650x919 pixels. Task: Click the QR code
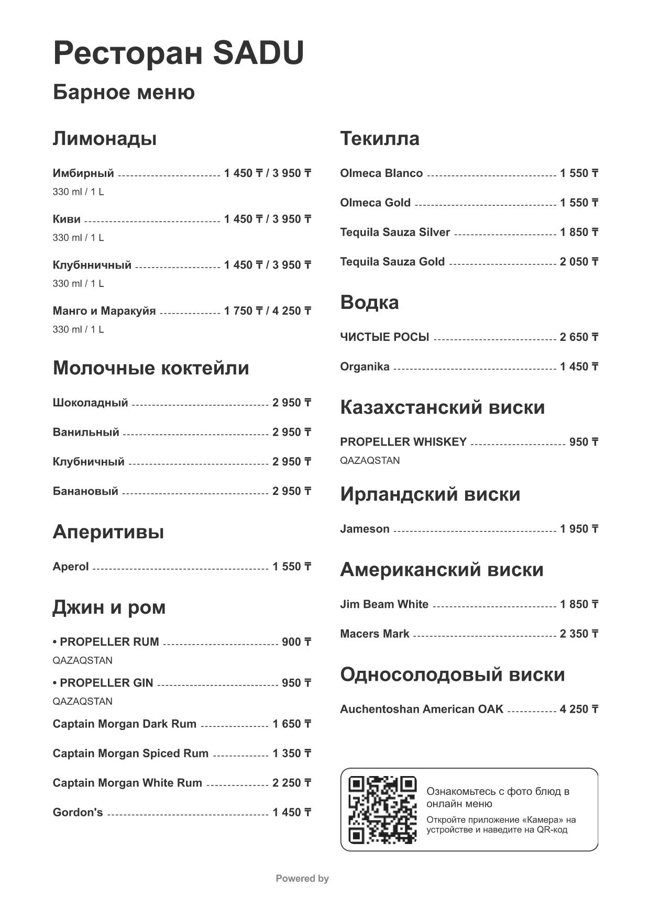click(382, 809)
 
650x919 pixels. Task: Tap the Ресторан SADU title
click(179, 53)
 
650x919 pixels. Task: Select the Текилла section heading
click(380, 139)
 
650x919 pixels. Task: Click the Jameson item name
click(365, 529)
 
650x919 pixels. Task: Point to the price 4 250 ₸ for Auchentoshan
click(579, 709)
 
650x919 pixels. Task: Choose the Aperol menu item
click(71, 567)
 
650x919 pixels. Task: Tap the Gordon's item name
click(78, 812)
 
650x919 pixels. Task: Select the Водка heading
click(369, 303)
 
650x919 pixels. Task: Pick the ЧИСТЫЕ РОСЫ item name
click(384, 337)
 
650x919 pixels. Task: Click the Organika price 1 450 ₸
click(579, 367)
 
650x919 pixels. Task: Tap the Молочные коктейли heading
click(151, 368)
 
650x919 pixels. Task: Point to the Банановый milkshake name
click(85, 491)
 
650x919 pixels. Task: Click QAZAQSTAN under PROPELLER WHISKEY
click(370, 460)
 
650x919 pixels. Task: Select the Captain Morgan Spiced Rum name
click(130, 754)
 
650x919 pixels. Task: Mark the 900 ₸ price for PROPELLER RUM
click(296, 642)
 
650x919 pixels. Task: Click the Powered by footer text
click(302, 878)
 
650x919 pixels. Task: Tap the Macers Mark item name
click(374, 634)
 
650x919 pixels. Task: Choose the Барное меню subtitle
click(124, 92)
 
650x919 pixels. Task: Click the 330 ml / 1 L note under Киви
click(78, 238)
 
